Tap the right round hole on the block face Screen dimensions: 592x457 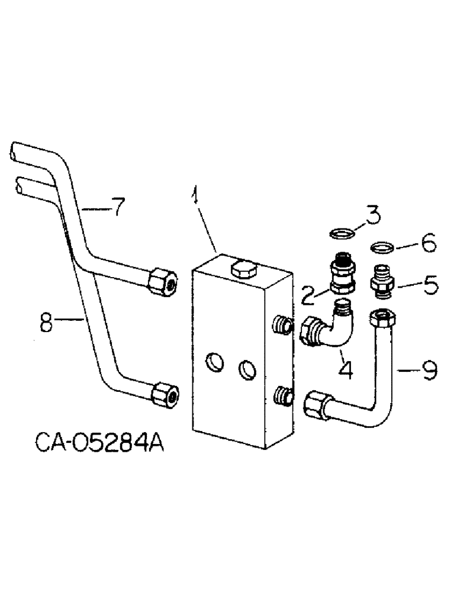click(246, 371)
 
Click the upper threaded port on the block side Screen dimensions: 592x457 click(283, 324)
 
